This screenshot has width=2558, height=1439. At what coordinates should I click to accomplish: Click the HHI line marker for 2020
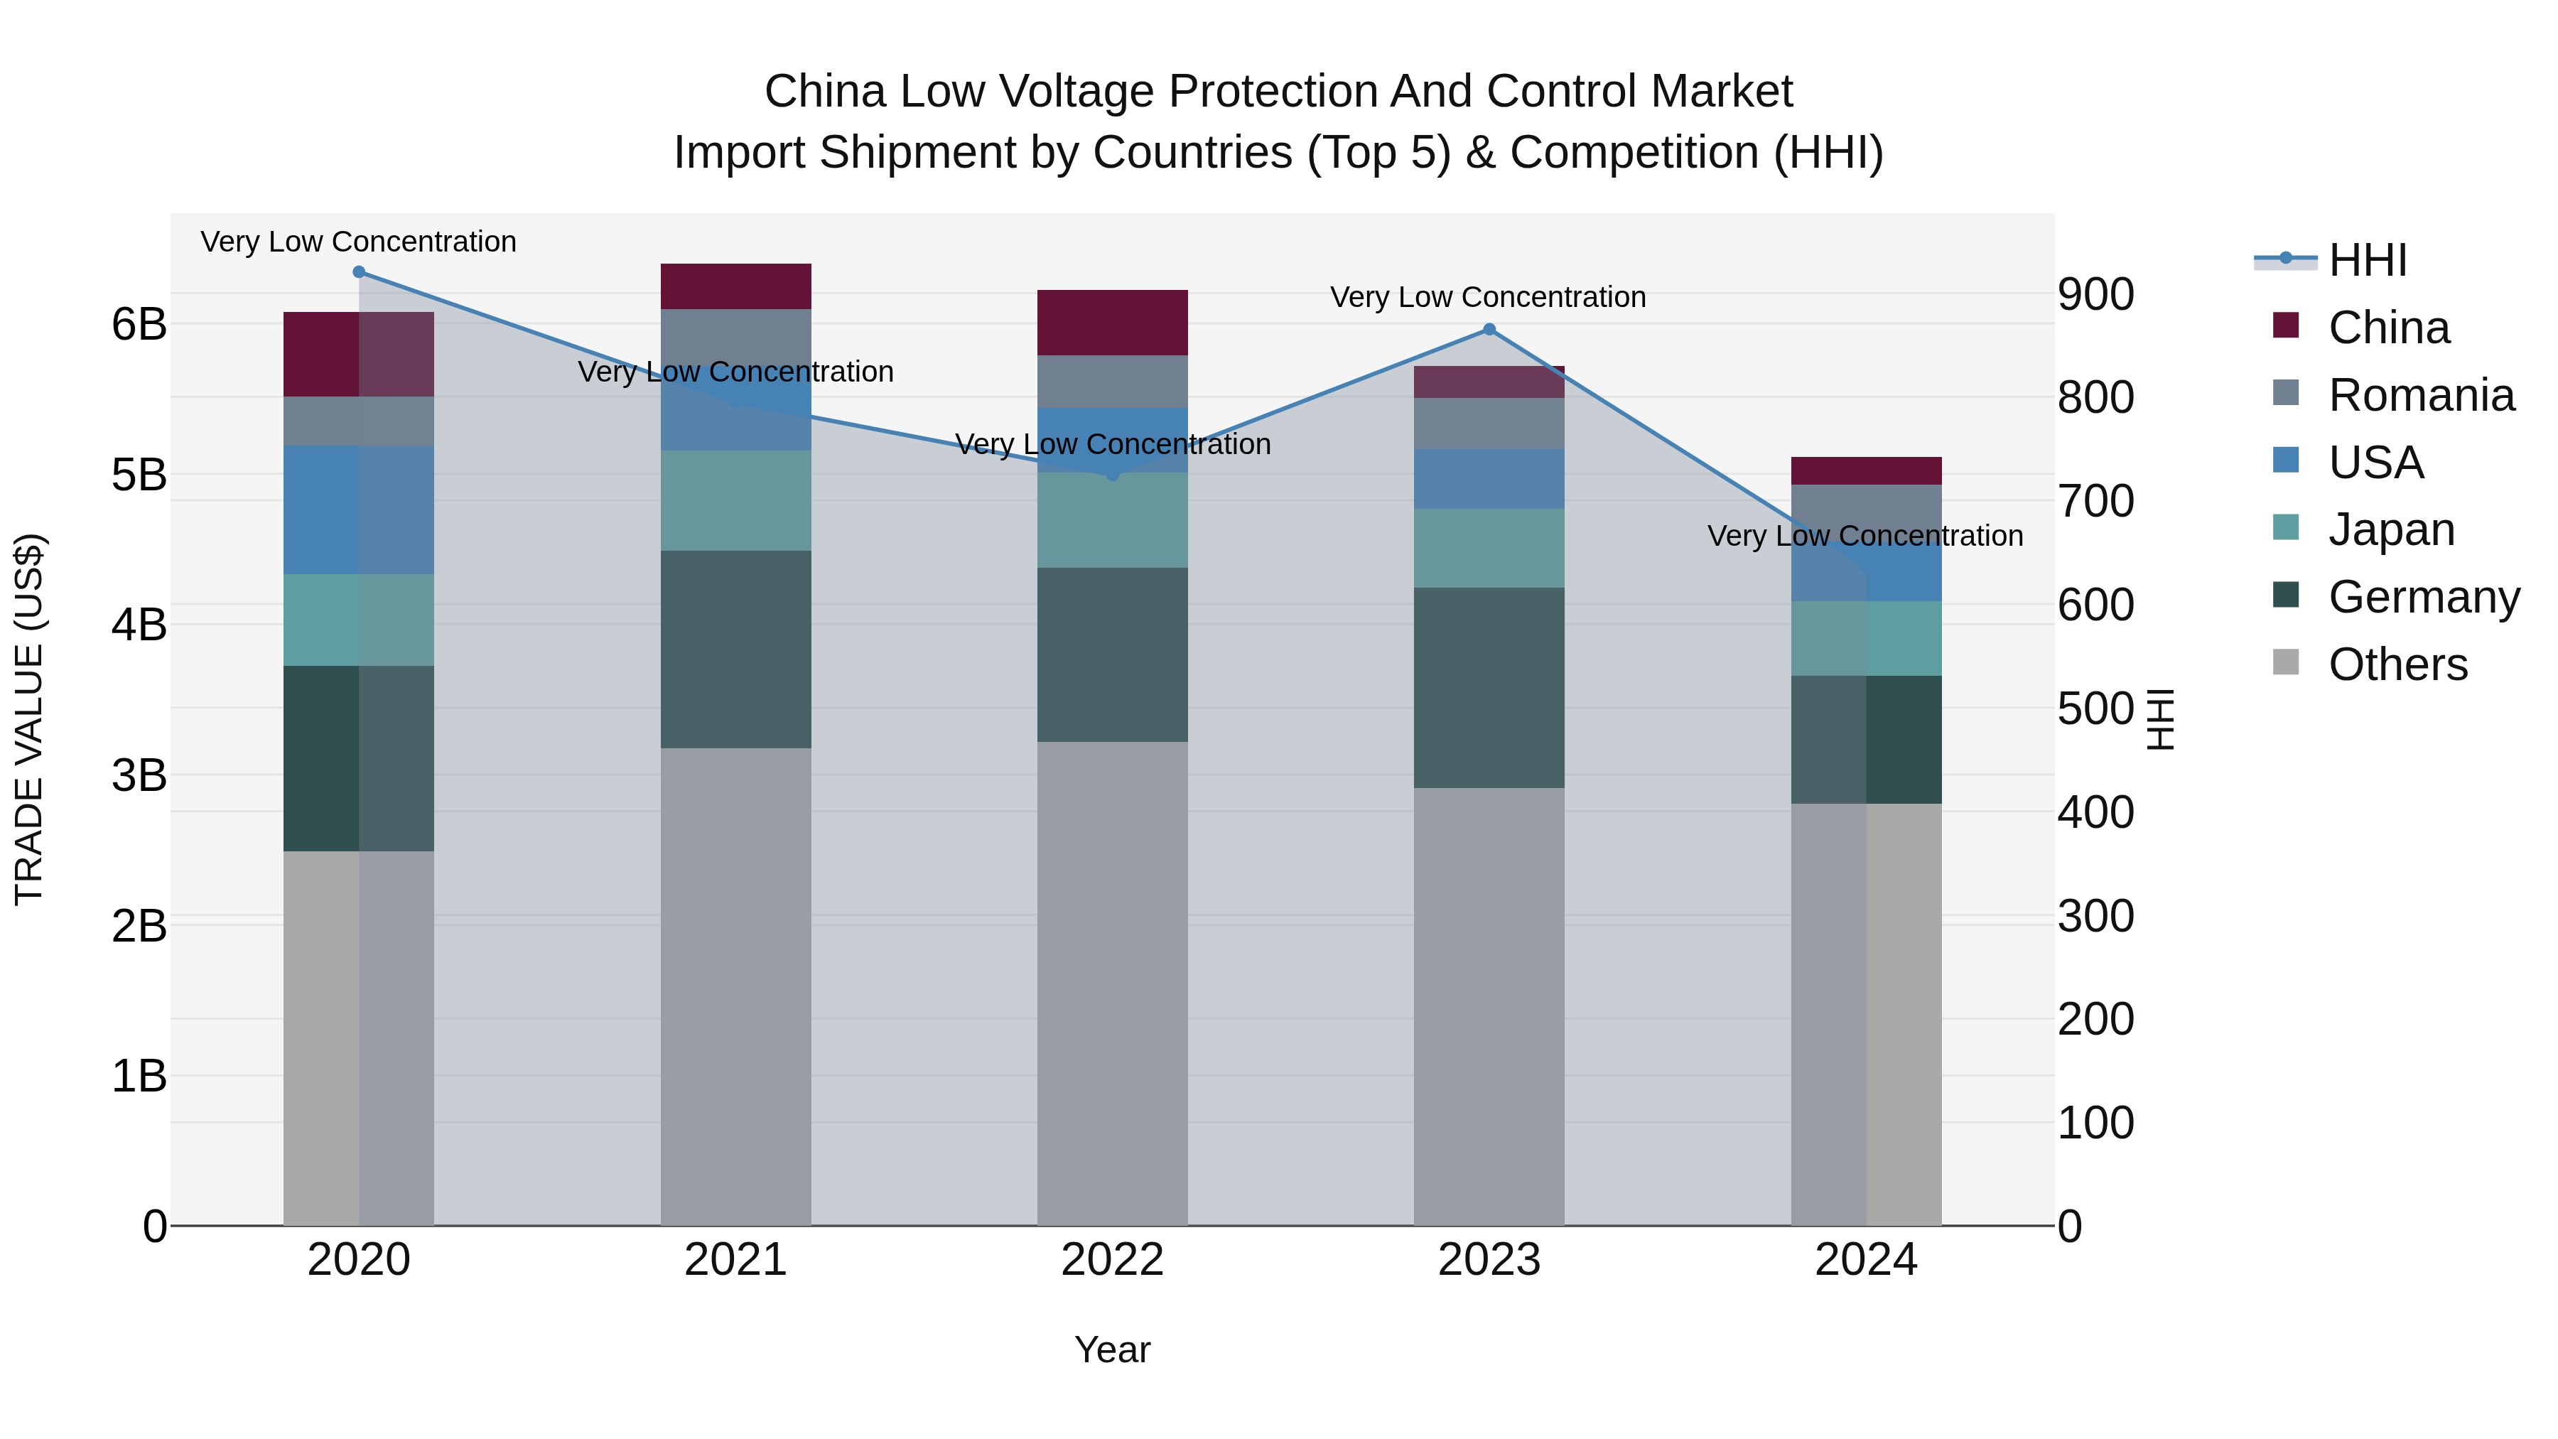point(359,272)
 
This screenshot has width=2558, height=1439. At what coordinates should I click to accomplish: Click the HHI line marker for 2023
point(1489,330)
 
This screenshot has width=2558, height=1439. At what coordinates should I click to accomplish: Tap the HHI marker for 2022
point(1112,475)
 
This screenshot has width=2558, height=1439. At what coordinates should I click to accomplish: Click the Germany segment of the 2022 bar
point(1112,654)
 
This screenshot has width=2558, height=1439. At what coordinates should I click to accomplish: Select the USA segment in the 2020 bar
point(359,510)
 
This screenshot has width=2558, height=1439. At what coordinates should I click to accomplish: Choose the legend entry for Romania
point(2421,395)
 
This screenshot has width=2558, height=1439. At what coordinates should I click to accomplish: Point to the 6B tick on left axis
point(139,325)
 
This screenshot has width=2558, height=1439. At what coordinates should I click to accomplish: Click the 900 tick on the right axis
point(2095,294)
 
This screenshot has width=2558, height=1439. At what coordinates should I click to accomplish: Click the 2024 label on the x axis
point(1866,1260)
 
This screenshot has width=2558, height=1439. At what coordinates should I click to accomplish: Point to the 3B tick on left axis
point(139,775)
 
